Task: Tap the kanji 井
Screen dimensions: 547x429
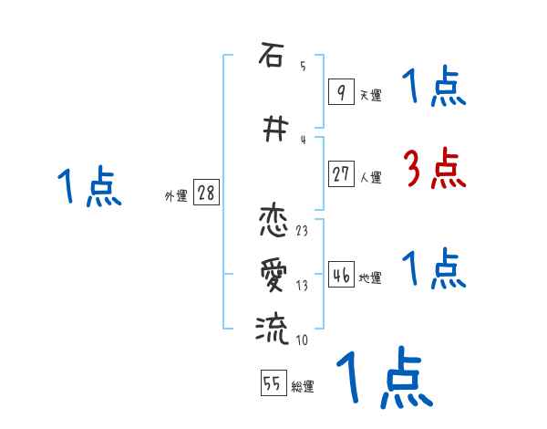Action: pyautogui.click(x=271, y=131)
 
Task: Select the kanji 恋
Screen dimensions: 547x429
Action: pyautogui.click(x=271, y=222)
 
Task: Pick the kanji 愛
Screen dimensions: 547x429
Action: pyautogui.click(x=271, y=273)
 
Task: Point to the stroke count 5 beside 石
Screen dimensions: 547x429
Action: pyautogui.click(x=303, y=67)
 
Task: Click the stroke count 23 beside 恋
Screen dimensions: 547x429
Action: pyautogui.click(x=302, y=230)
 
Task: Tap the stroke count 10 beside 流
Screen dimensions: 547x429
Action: pyautogui.click(x=302, y=340)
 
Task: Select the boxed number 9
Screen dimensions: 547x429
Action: pyautogui.click(x=340, y=91)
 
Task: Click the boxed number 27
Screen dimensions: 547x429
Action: pyautogui.click(x=341, y=174)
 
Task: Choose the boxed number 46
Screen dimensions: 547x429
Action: pyautogui.click(x=341, y=276)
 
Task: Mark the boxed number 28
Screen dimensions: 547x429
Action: pyautogui.click(x=206, y=194)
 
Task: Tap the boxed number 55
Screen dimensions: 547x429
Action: pyautogui.click(x=273, y=384)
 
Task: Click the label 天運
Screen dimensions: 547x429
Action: pyautogui.click(x=370, y=95)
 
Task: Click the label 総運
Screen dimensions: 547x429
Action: pyautogui.click(x=303, y=387)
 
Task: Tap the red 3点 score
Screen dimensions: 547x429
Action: pyautogui.click(x=434, y=169)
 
